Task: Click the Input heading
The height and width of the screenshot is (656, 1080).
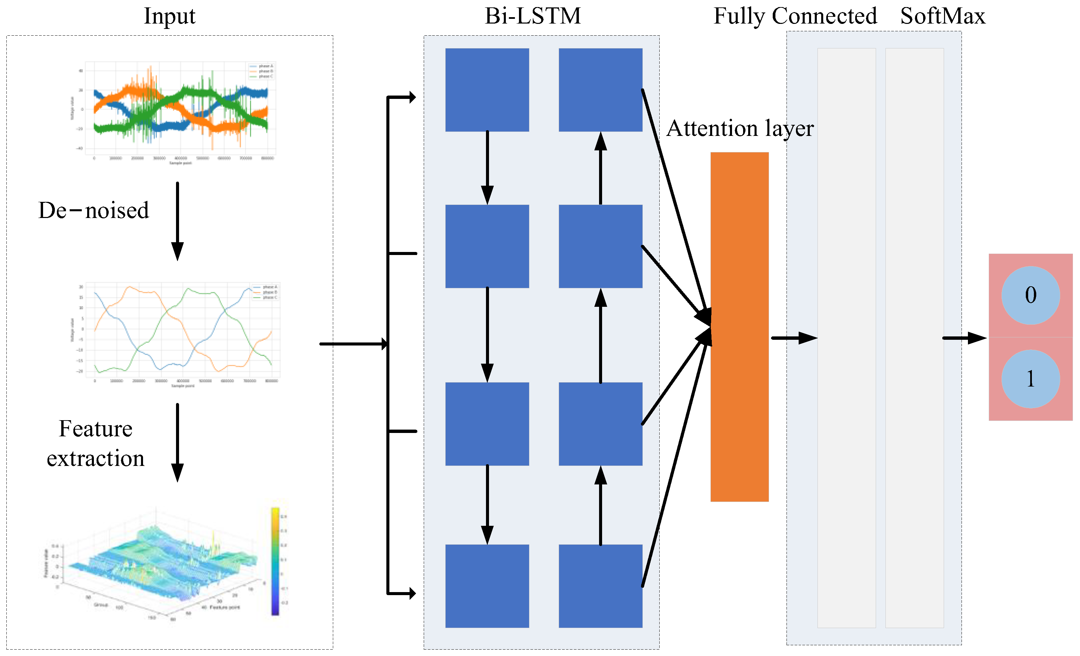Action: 170,16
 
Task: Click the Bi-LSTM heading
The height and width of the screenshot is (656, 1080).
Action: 532,16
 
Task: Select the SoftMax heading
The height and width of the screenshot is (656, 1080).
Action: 942,16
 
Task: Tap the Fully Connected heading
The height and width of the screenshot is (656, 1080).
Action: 795,16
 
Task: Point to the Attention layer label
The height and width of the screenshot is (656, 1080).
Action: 740,129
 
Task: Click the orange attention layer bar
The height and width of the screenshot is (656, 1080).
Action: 739,326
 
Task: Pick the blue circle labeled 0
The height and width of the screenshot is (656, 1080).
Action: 1031,295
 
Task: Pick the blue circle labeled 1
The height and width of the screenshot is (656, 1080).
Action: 1031,378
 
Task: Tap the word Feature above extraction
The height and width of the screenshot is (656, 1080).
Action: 96,429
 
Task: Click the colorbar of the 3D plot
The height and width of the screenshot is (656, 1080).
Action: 275,561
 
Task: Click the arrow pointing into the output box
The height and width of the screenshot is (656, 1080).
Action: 964,338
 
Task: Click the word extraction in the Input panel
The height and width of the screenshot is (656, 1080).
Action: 96,459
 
